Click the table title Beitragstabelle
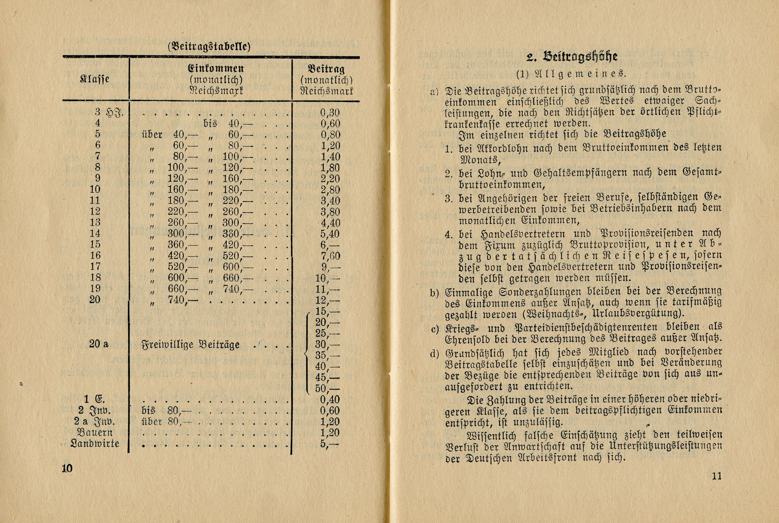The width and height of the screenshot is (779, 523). (209, 46)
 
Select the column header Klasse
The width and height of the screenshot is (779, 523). (95, 79)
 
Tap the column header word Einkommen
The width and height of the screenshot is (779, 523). (216, 68)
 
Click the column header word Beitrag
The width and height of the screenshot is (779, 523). (326, 69)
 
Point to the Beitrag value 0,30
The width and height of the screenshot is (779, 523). (330, 113)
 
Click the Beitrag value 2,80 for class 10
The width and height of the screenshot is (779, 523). (330, 190)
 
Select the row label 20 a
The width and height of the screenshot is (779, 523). (99, 344)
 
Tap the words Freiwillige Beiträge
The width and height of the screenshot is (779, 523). (191, 345)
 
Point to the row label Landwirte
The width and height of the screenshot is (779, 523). (95, 444)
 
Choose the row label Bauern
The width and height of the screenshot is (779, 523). (95, 433)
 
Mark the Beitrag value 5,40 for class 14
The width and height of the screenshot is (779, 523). (330, 234)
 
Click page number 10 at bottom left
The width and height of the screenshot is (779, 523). (67, 468)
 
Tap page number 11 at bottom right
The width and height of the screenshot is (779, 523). (717, 476)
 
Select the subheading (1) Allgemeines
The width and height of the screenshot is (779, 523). (571, 74)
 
